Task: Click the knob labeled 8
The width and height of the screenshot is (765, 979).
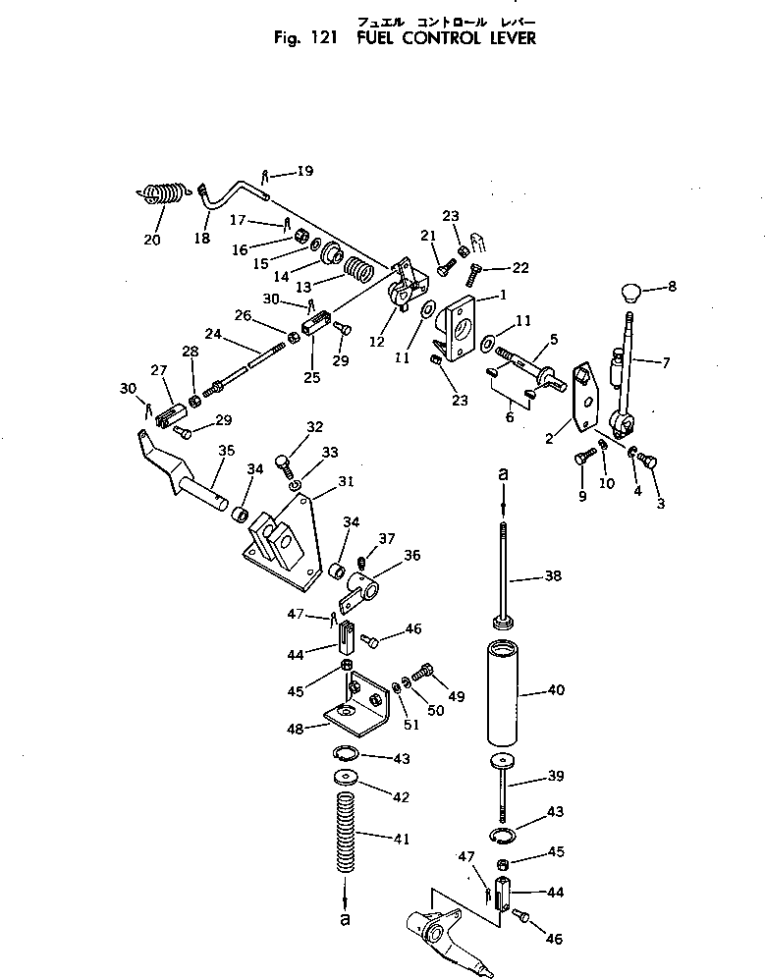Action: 630,292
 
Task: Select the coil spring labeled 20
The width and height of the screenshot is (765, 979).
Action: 159,192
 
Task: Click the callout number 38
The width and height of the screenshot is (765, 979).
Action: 555,576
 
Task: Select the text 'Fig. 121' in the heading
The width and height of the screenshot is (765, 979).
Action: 306,39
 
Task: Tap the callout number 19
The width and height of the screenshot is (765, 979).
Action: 277,171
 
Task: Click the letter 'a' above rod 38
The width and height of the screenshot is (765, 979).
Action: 504,474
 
